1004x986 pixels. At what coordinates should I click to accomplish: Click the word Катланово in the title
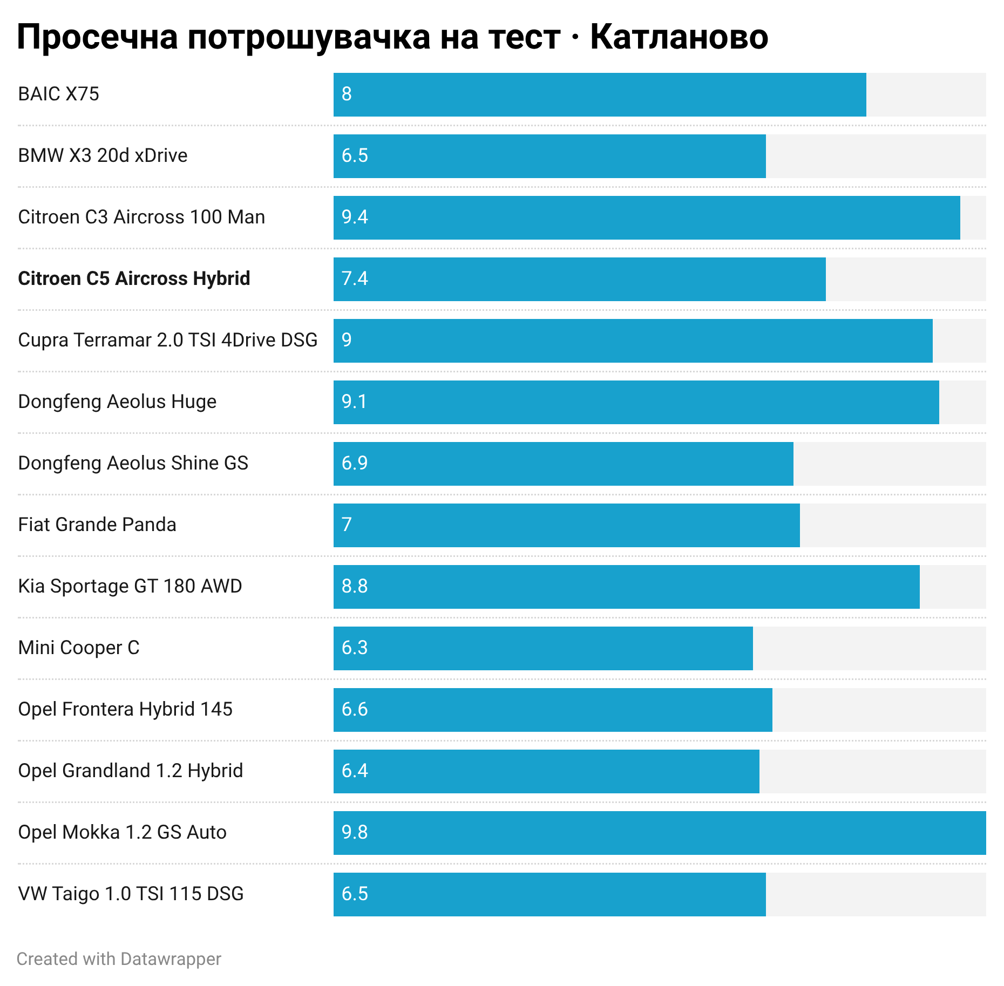click(x=679, y=37)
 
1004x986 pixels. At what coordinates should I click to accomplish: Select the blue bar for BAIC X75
click(x=600, y=94)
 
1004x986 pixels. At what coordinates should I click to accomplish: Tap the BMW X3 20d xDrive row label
click(x=103, y=155)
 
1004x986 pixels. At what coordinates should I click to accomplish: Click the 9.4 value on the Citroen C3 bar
click(x=355, y=217)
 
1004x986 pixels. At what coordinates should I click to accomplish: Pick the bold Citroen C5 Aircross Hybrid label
click(x=134, y=278)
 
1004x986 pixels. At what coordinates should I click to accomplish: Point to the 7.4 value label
click(x=355, y=278)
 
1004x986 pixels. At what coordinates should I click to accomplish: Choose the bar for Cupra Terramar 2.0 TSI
click(x=633, y=341)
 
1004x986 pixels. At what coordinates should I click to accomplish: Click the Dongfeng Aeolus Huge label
click(x=117, y=402)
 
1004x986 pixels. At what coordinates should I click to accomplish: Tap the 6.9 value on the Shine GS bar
click(x=355, y=463)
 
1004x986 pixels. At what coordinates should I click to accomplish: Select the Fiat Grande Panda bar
click(x=567, y=525)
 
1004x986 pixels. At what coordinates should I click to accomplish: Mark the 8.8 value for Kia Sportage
click(x=355, y=586)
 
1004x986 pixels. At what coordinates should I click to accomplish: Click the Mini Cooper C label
click(x=79, y=648)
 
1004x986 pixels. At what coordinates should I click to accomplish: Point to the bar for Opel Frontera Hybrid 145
click(x=553, y=710)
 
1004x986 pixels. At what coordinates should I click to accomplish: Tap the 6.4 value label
click(x=355, y=771)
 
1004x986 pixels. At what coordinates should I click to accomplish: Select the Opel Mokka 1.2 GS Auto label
click(x=122, y=832)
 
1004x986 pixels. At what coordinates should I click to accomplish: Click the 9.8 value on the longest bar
click(x=355, y=832)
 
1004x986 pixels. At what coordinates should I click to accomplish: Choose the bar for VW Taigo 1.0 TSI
click(x=550, y=894)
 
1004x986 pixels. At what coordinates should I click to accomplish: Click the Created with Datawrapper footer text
click(x=119, y=959)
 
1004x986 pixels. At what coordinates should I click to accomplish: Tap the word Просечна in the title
click(x=98, y=38)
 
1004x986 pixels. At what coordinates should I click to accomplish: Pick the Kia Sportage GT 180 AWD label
click(x=130, y=586)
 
